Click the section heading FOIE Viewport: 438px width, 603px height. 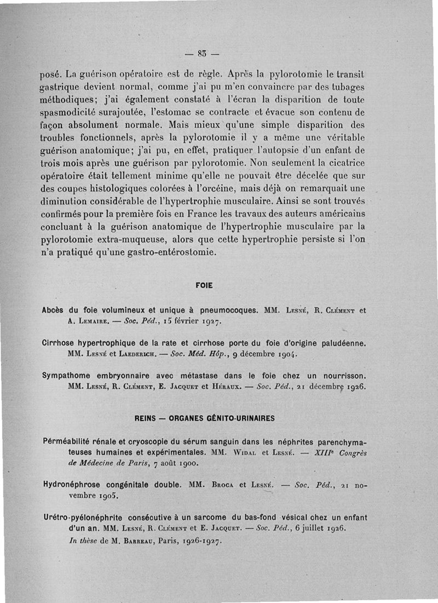point(203,285)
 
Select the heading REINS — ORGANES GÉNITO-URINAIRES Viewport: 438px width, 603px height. point(205,418)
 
